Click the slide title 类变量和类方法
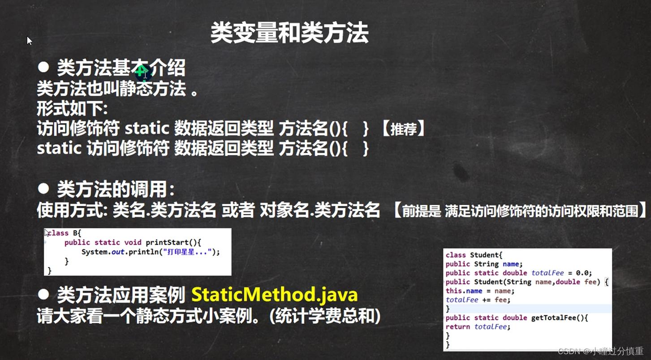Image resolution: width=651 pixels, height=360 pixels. tap(289, 33)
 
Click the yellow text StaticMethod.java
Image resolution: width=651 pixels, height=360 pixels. tap(274, 295)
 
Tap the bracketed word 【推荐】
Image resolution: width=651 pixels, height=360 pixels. tap(403, 129)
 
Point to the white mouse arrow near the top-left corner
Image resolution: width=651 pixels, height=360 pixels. tap(30, 40)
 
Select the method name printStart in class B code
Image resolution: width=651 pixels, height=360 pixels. tap(167, 242)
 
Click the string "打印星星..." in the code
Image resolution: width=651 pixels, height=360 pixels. tap(187, 252)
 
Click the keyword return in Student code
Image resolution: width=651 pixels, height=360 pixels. tap(458, 326)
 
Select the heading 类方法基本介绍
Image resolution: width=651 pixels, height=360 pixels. tap(121, 68)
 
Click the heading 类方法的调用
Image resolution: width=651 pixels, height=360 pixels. tap(116, 189)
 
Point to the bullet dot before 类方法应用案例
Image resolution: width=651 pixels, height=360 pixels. tap(43, 295)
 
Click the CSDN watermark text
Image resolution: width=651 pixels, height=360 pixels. tap(601, 351)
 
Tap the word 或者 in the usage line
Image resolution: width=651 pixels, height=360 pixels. tap(238, 210)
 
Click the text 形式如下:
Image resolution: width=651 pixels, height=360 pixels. tap(73, 109)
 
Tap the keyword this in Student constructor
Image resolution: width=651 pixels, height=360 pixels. tap(454, 291)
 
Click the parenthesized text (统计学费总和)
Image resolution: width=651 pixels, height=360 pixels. tap(325, 316)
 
